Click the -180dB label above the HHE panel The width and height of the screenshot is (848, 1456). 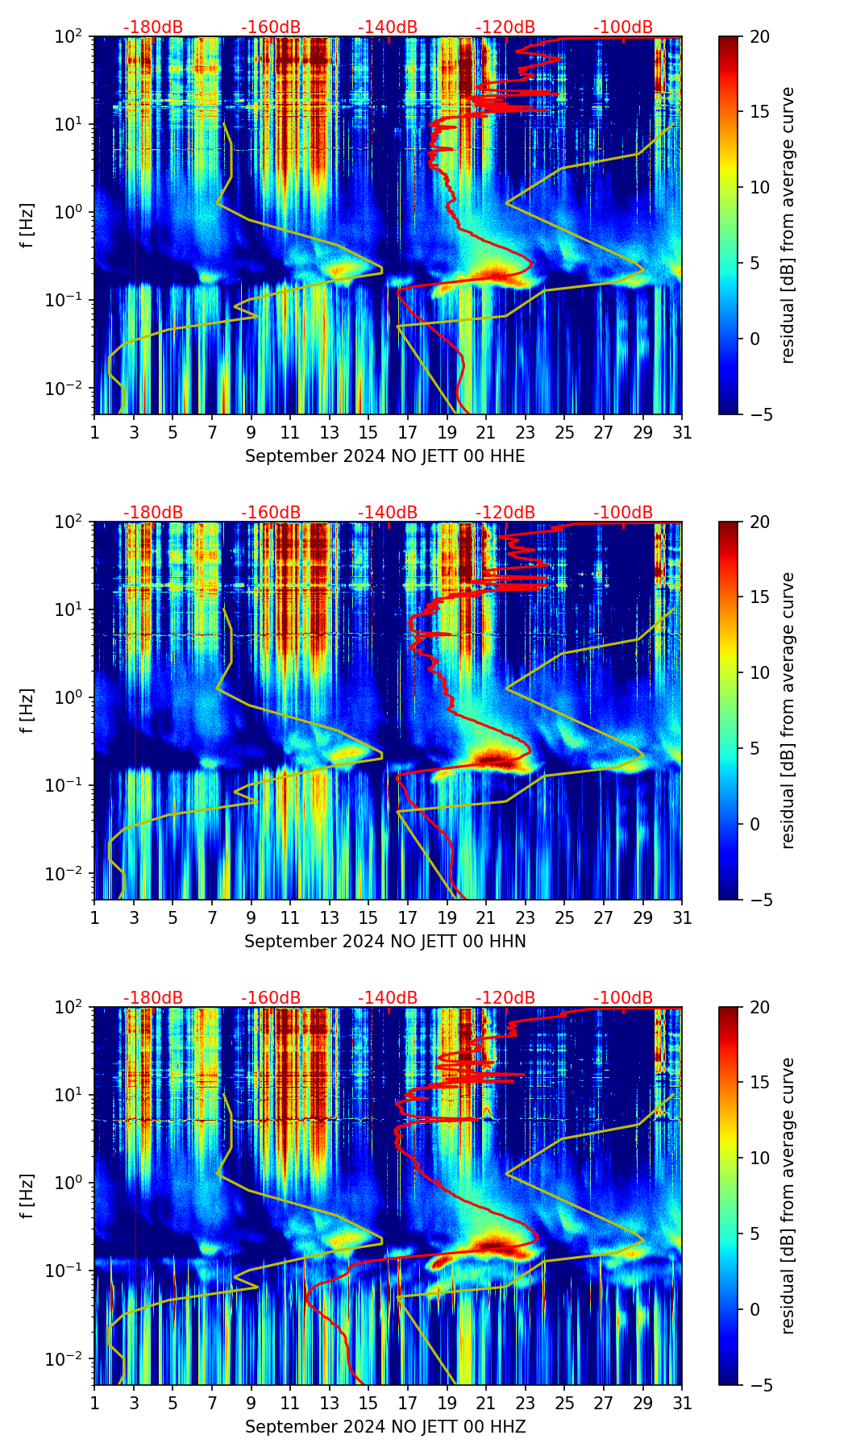click(153, 27)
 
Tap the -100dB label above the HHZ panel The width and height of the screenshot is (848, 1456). click(623, 998)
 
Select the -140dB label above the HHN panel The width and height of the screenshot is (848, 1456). click(388, 513)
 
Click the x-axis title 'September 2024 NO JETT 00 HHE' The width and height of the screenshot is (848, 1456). click(385, 456)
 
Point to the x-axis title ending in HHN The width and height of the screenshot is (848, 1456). click(385, 942)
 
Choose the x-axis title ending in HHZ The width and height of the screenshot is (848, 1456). click(385, 1427)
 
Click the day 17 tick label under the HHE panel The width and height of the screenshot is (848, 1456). click(408, 432)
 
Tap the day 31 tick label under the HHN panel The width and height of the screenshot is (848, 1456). click(682, 917)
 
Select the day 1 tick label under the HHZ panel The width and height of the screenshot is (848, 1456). click(94, 1403)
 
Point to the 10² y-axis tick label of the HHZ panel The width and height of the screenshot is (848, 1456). click(71, 1007)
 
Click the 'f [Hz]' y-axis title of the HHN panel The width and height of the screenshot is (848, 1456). click(27, 710)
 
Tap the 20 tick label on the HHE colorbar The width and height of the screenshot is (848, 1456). click(759, 36)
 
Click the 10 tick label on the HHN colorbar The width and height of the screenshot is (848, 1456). click(759, 672)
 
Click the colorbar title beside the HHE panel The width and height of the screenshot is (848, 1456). click(788, 225)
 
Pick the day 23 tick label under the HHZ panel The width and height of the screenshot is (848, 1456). click(526, 1403)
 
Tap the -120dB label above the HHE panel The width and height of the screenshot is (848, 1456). click(505, 27)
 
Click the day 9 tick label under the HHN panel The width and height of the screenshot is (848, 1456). click(251, 917)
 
